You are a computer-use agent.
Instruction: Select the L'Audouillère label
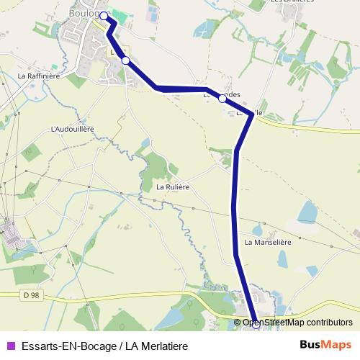click(x=73, y=129)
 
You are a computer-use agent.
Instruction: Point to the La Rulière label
click(x=173, y=187)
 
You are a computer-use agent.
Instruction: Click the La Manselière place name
click(x=267, y=243)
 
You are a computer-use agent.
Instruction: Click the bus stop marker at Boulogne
click(x=104, y=15)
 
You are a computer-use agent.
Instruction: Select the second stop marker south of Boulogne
click(x=126, y=60)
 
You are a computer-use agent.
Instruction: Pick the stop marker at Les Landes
click(x=222, y=99)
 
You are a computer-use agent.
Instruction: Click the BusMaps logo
click(x=325, y=346)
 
